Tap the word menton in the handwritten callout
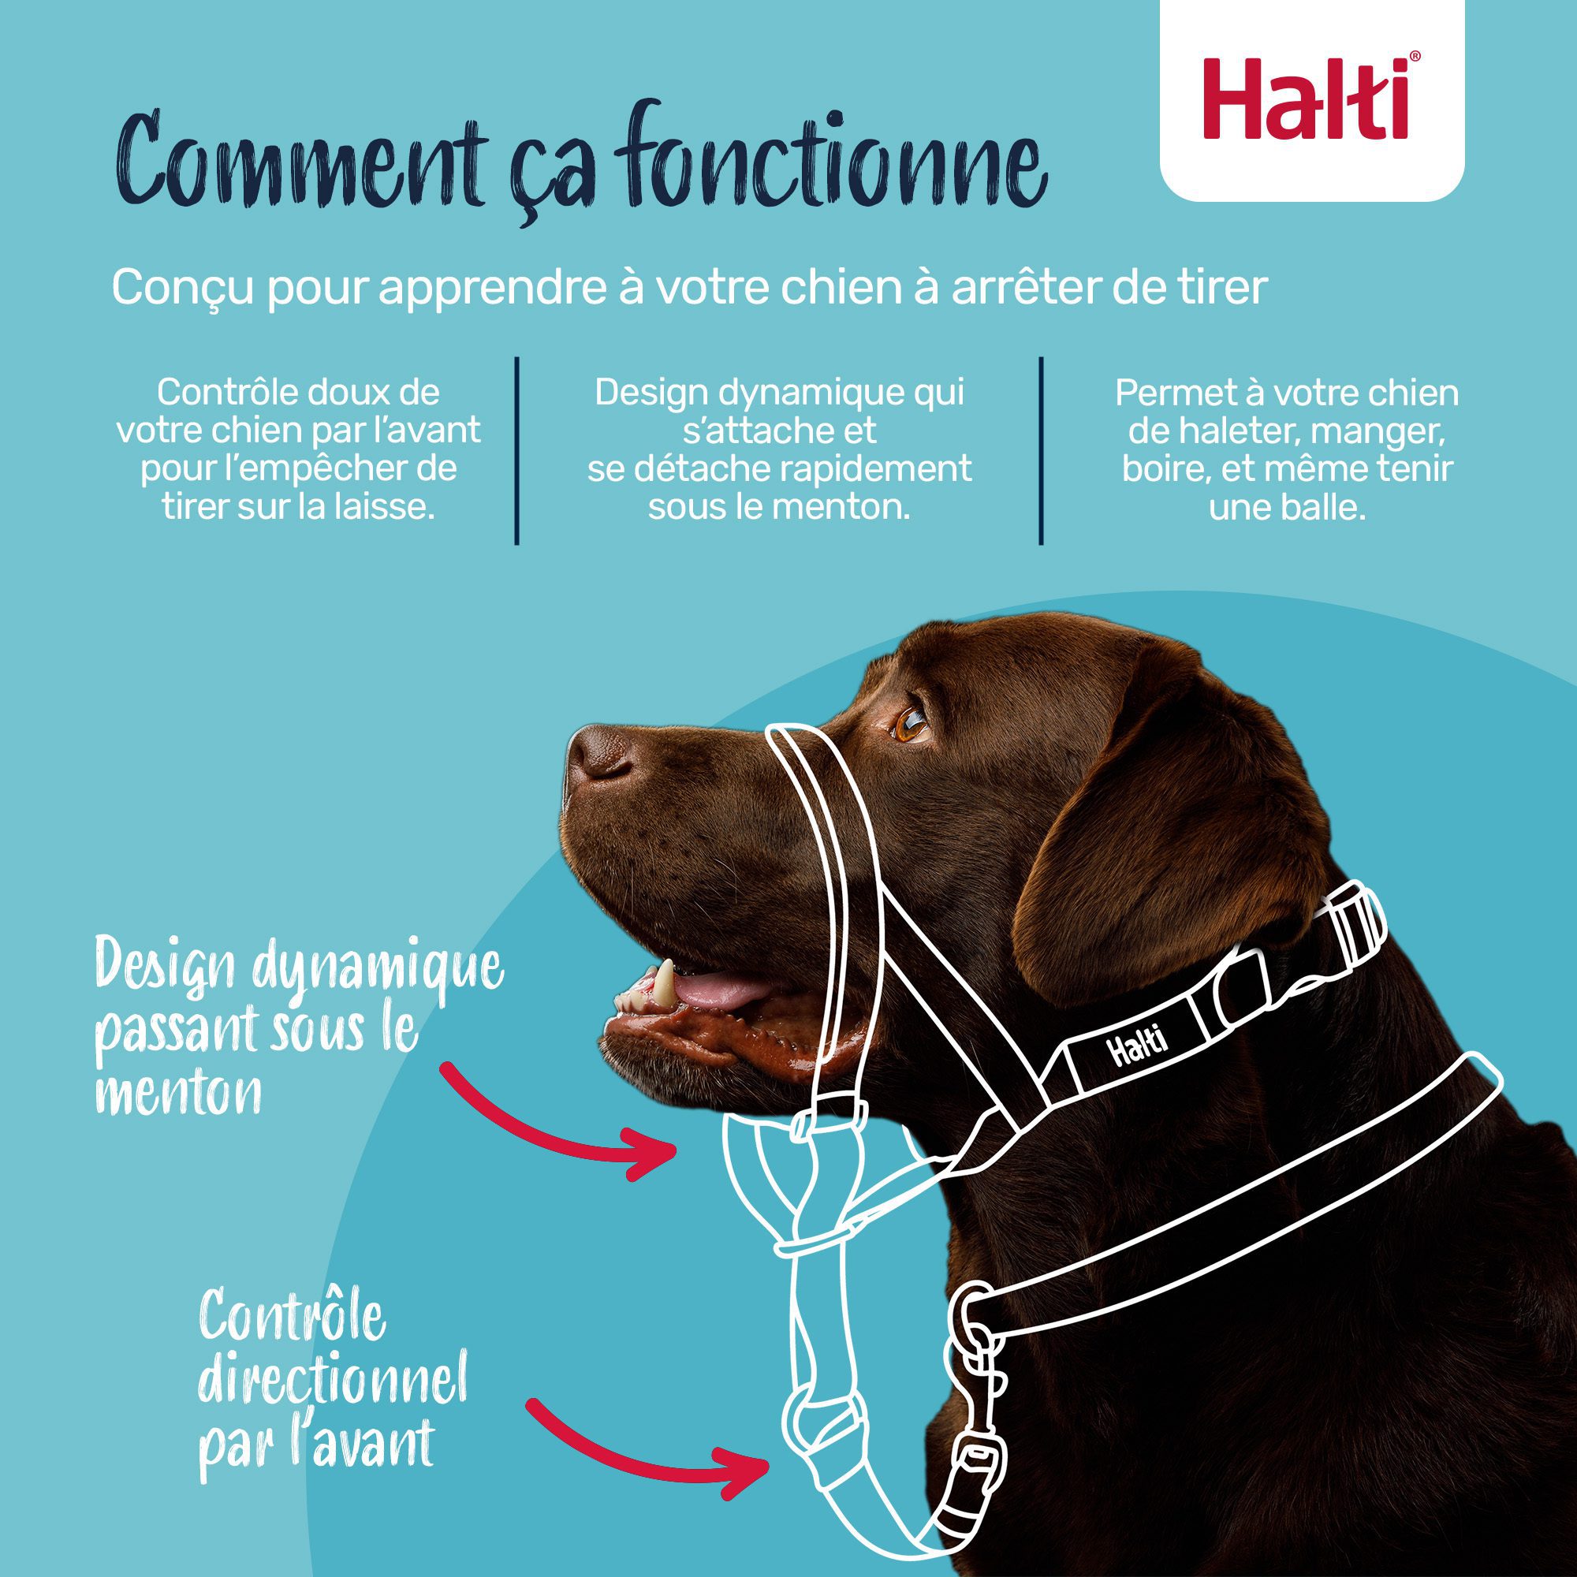pyautogui.click(x=179, y=1094)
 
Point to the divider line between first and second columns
pyautogui.click(x=516, y=449)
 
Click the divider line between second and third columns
pyautogui.click(x=1041, y=449)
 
